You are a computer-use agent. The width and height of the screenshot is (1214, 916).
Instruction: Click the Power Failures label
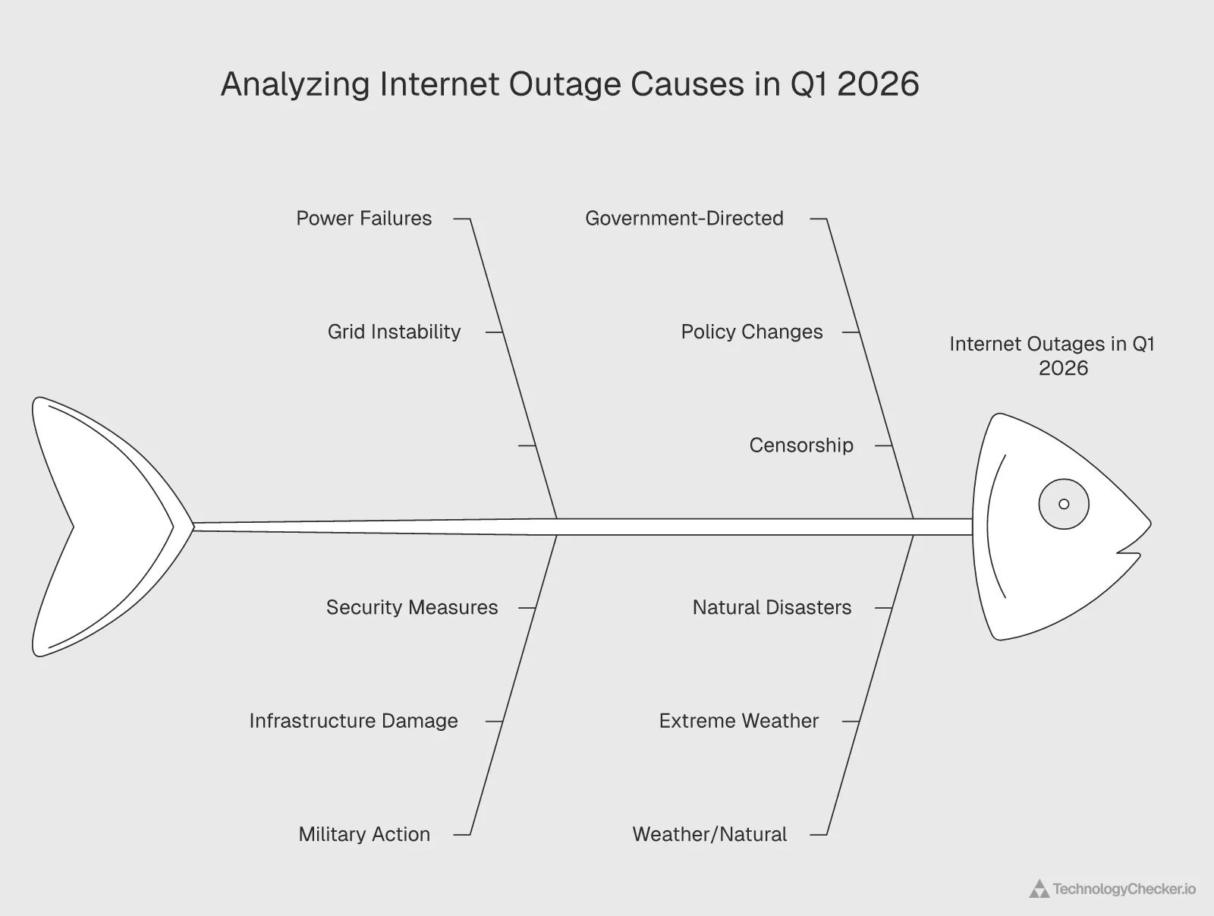363,219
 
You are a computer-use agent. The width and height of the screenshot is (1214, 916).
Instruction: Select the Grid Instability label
394,332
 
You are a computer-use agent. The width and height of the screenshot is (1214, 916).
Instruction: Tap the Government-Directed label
684,219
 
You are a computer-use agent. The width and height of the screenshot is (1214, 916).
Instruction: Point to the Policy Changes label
751,332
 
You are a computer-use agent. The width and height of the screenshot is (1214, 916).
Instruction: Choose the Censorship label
800,445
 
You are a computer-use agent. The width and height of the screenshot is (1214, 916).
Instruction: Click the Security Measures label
412,607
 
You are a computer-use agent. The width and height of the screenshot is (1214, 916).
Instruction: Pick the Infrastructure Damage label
354,721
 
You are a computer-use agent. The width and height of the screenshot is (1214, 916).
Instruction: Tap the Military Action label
364,834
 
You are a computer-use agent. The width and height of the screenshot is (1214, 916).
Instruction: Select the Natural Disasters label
772,607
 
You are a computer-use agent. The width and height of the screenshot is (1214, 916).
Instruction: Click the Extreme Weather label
738,721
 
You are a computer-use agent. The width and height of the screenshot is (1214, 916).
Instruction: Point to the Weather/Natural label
709,834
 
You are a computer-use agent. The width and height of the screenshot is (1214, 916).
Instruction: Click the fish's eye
1064,504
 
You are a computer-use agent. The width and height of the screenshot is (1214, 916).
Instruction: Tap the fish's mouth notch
1131,550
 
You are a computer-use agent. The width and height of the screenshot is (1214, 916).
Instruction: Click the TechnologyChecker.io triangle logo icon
1039,889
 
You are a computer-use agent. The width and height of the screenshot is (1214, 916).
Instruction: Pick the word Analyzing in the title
295,83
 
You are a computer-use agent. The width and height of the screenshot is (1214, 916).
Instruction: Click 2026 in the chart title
878,83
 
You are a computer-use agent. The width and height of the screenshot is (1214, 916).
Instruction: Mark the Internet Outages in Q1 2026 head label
1052,356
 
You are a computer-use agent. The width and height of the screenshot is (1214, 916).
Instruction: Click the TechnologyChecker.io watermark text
1124,889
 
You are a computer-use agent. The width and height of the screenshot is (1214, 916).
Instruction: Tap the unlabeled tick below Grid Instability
527,445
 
